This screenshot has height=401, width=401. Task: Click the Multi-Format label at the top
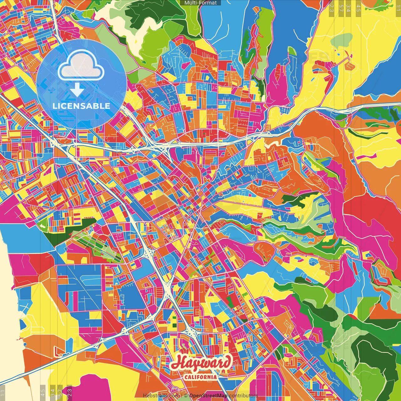tap(200, 3)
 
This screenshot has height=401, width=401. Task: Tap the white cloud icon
tap(81, 66)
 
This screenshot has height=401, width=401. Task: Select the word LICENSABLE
tap(81, 106)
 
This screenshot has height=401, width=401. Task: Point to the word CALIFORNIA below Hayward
tap(200, 377)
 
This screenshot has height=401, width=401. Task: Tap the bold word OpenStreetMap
tap(208, 396)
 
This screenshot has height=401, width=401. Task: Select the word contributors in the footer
tap(243, 396)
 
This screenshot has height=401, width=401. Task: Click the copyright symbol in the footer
tap(186, 396)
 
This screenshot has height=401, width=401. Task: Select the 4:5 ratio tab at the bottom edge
tap(43, 392)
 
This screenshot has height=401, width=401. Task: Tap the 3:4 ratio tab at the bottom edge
tap(52, 392)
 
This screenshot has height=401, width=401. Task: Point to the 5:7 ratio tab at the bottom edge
tap(60, 392)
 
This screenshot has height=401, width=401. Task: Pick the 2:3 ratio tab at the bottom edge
tap(70, 392)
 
